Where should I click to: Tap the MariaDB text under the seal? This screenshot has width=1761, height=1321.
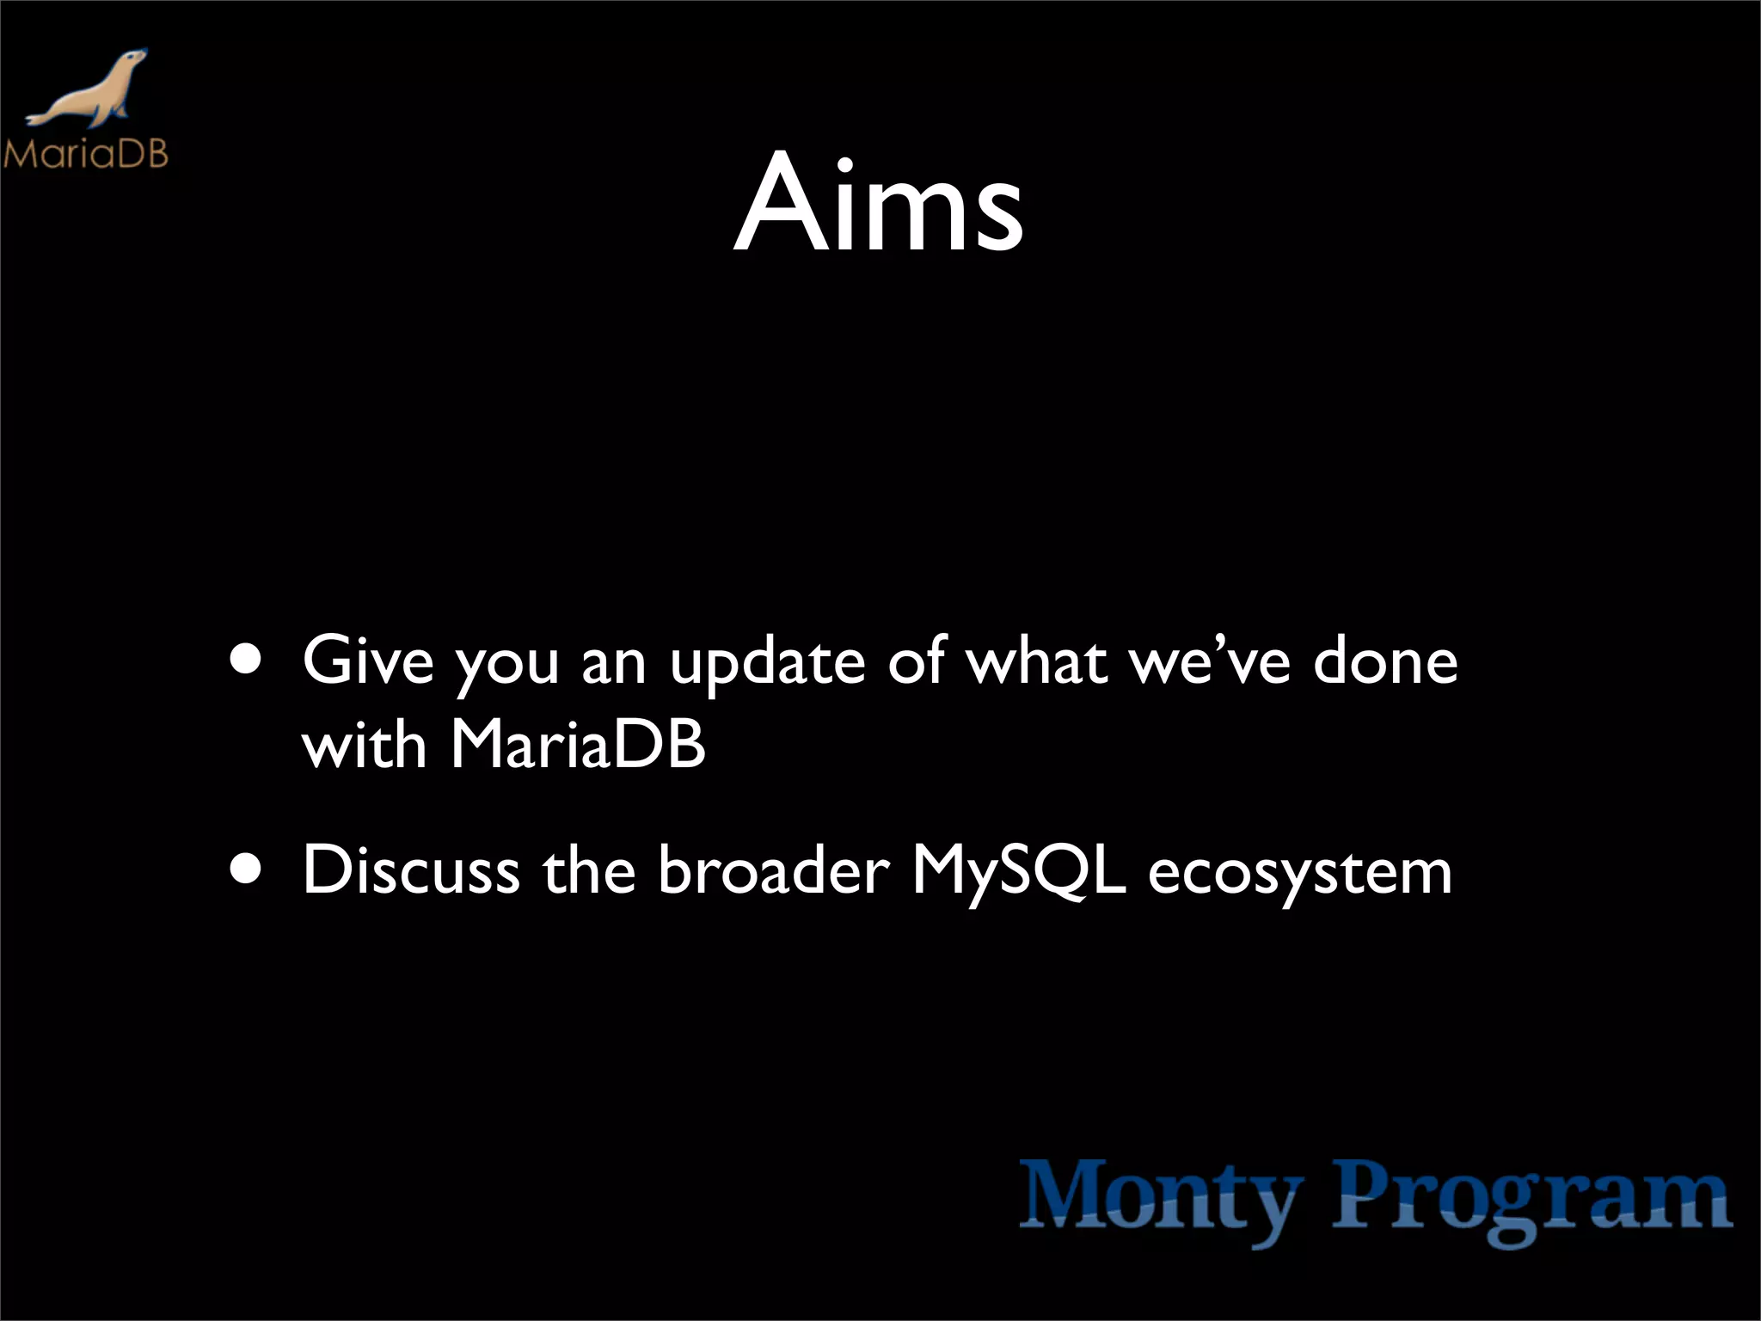pos(85,155)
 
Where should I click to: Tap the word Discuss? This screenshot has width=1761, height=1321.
pos(411,870)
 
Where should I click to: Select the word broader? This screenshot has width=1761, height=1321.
pos(773,870)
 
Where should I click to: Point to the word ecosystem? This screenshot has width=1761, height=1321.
pos(1300,874)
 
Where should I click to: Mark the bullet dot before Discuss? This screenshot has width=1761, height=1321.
pos(247,869)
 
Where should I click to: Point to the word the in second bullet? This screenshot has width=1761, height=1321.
pos(589,870)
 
